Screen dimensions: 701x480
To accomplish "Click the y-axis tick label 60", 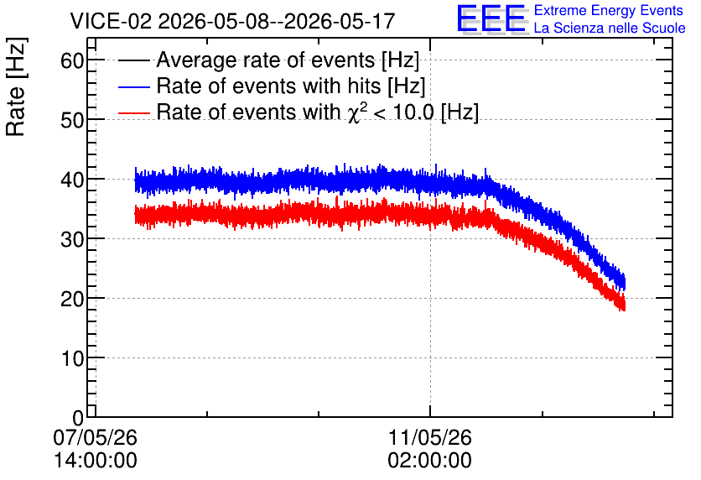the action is [72, 60].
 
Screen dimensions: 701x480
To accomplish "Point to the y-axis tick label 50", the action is [72, 120].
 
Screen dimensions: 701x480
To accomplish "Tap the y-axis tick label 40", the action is [72, 180].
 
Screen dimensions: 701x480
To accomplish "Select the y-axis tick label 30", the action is [72, 239].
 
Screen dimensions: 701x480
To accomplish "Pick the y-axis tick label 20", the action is [72, 299].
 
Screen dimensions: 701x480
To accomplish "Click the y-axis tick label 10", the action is [72, 358].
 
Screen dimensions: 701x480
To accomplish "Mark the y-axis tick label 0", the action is [78, 418].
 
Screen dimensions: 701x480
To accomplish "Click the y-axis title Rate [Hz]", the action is [16, 86].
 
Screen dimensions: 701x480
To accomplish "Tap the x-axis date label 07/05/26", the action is [96, 437].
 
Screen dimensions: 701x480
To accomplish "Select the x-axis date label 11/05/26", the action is [429, 437].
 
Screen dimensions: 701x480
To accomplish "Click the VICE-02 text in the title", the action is [112, 21].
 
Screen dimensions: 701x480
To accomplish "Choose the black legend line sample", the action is [134, 60].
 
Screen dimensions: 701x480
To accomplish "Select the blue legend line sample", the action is [134, 86].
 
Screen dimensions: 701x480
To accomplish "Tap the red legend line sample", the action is [134, 112].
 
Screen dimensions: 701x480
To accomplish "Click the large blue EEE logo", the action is [491, 18].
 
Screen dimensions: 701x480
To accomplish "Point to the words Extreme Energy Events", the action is [609, 10].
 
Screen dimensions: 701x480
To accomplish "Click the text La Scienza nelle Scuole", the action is [610, 28].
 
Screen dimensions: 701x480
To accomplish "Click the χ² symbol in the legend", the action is [354, 112].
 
